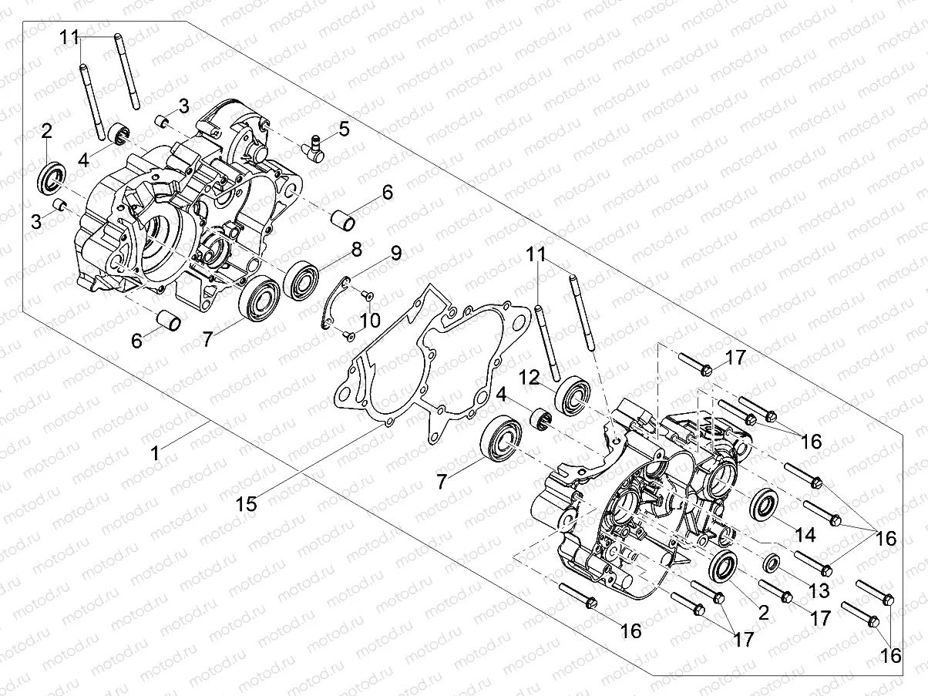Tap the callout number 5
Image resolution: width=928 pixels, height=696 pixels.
(344, 129)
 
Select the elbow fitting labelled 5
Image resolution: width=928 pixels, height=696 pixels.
(314, 146)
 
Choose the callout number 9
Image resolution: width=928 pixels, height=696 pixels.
(395, 253)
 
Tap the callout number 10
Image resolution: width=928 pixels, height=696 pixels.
(370, 318)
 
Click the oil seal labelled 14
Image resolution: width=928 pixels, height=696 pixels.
(765, 505)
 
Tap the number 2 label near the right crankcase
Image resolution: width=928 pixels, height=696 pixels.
(763, 614)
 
